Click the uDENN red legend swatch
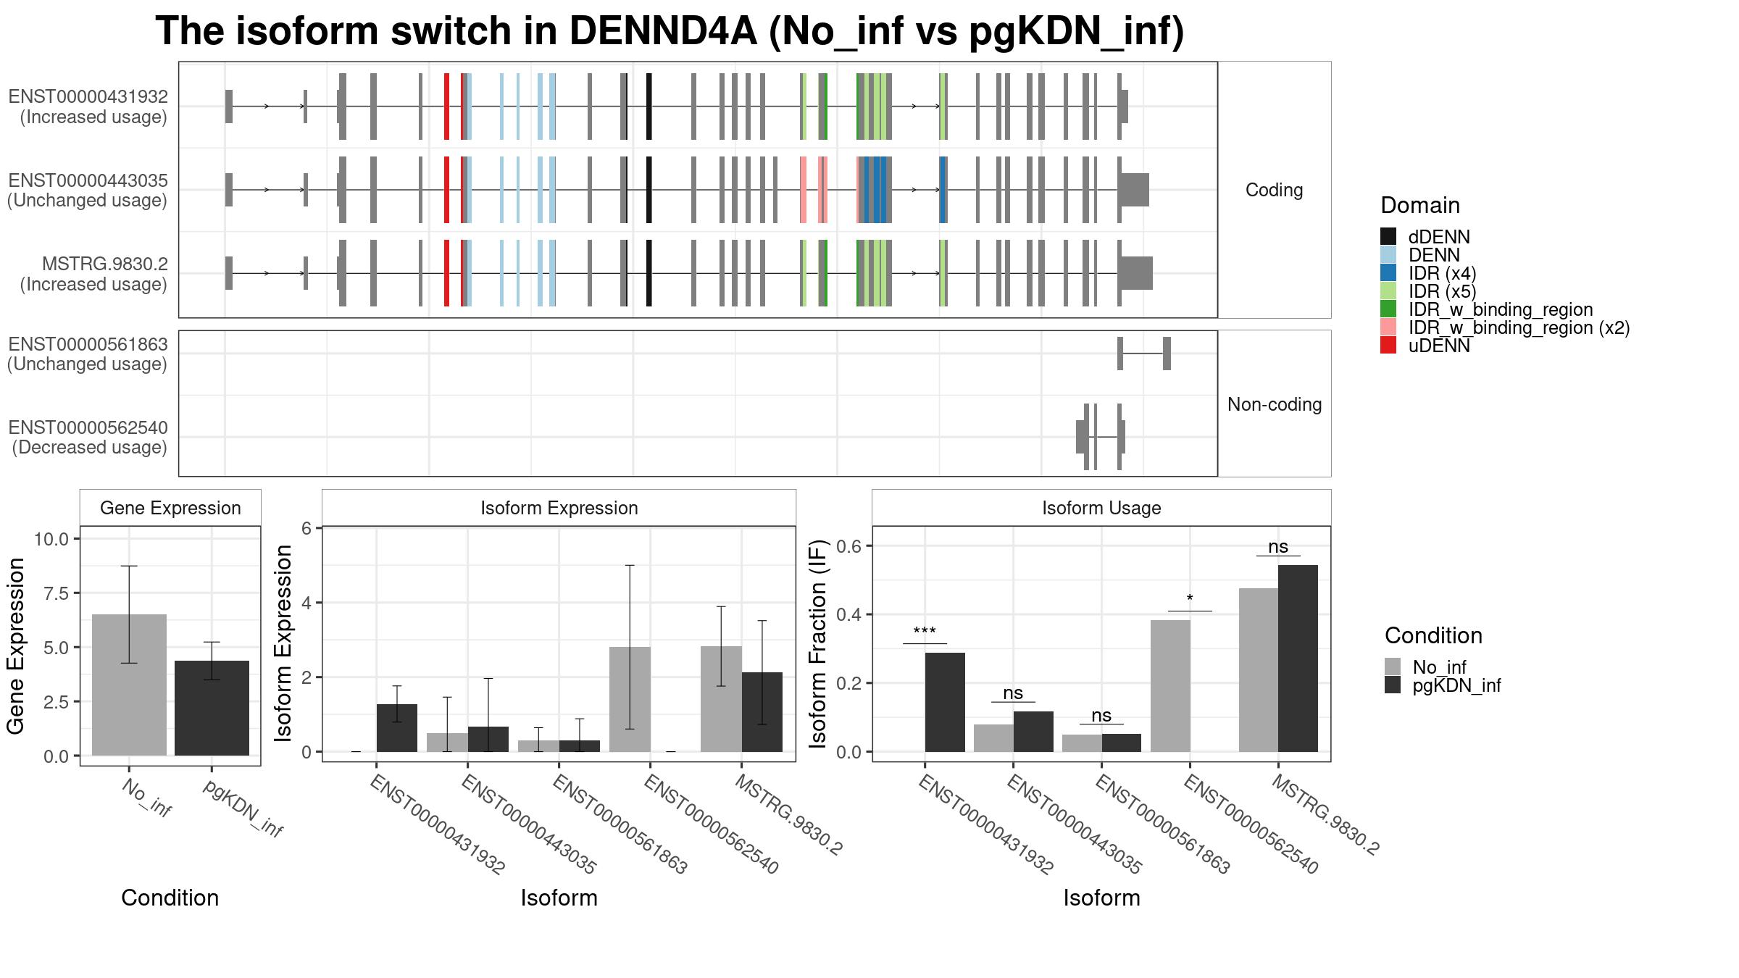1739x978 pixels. [x=1388, y=346]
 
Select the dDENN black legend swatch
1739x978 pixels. [x=1388, y=237]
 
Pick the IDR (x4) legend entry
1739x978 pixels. [x=1441, y=273]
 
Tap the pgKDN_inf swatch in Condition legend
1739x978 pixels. [x=1393, y=685]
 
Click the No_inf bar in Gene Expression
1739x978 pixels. [x=129, y=685]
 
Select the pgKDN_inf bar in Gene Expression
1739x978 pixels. [x=212, y=708]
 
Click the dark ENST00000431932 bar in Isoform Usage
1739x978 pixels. [x=945, y=702]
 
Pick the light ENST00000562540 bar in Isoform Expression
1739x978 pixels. [x=630, y=699]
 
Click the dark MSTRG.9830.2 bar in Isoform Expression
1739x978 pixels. [x=762, y=711]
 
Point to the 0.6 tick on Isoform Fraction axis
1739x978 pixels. [x=852, y=546]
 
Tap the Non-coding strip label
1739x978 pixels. [x=1274, y=404]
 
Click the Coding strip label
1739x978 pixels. [x=1274, y=190]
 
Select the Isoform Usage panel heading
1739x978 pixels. [x=1101, y=508]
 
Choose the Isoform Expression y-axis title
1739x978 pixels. [x=284, y=643]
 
